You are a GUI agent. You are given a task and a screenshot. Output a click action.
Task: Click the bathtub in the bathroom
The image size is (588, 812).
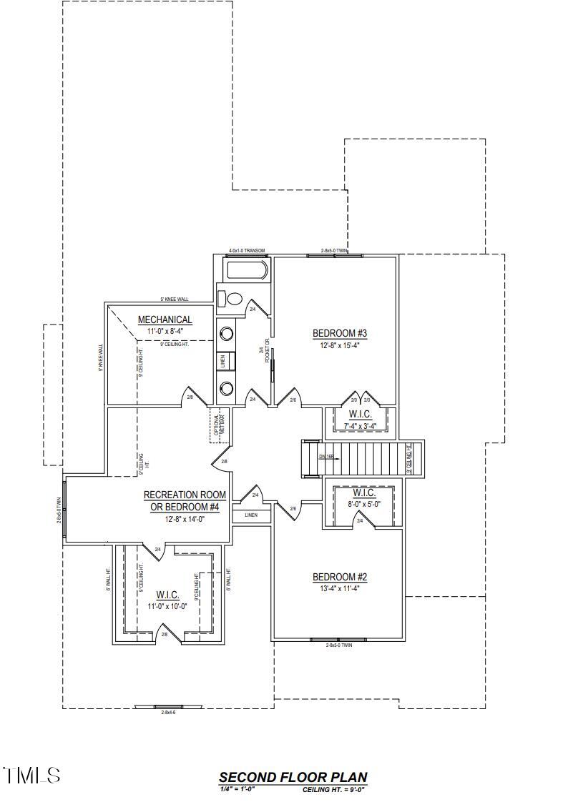pos(246,272)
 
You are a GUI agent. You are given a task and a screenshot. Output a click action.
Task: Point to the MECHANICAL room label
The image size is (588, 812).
pos(165,320)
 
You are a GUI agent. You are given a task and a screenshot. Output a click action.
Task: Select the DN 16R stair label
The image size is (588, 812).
pos(327,456)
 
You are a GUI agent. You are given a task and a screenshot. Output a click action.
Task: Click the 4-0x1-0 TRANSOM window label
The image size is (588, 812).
pos(247,251)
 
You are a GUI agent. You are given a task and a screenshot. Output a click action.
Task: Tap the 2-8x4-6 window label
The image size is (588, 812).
pos(168,713)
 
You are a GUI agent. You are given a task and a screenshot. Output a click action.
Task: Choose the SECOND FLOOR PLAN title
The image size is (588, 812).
pos(293,778)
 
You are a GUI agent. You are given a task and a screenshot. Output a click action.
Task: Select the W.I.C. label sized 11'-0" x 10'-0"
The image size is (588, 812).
pos(167,595)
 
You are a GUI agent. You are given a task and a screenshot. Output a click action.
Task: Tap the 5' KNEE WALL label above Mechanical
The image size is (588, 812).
pos(174,299)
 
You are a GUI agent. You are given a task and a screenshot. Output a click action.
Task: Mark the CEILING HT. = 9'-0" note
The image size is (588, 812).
pos(335,790)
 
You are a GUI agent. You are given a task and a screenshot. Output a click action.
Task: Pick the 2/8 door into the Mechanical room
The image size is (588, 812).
pos(190,397)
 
